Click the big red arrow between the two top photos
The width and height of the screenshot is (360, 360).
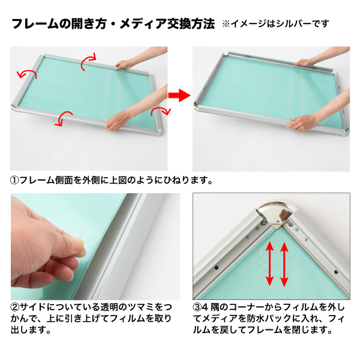179,95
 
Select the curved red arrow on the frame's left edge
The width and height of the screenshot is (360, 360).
26,73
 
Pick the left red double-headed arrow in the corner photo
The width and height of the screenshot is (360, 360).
269,264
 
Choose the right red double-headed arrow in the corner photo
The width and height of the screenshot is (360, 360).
284,265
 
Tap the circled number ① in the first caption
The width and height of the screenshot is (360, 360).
14,181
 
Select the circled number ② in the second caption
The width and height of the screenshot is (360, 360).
15,307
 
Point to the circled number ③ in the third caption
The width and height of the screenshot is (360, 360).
197,307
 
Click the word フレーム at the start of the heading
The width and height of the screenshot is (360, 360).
35,24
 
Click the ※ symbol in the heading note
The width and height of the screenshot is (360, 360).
226,23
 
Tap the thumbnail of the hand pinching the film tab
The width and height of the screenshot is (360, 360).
95,247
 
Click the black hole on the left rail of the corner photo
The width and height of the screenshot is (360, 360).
216,268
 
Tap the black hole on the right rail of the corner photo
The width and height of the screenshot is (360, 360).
336,272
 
